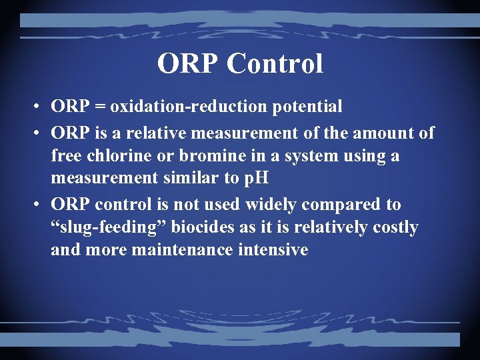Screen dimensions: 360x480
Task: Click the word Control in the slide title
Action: [x=275, y=64]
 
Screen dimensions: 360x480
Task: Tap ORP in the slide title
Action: [x=189, y=64]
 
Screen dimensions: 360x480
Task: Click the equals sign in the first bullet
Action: [x=100, y=106]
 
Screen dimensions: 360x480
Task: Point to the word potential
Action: [x=301, y=107]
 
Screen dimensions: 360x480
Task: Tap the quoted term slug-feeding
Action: [x=109, y=228]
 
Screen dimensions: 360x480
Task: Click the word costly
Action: [x=395, y=228]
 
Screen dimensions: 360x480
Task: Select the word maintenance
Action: [x=172, y=251]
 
